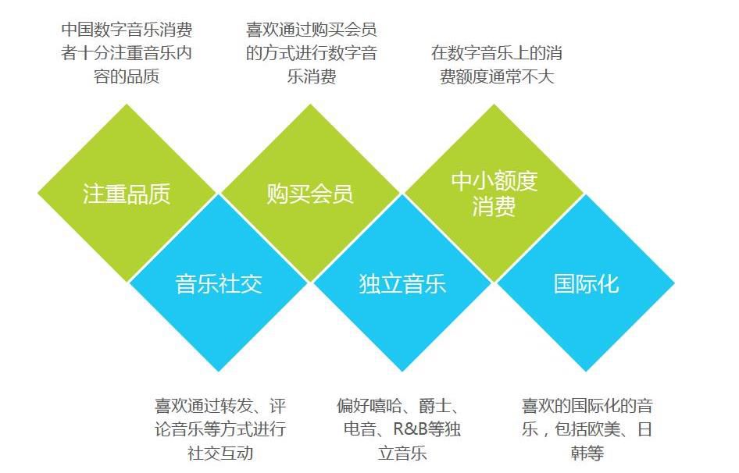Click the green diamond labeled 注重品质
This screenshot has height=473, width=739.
tap(127, 194)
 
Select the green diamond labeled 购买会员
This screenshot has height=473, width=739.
tap(310, 194)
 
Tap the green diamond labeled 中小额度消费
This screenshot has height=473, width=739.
tap(494, 194)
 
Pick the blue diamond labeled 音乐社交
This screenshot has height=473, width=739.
tap(219, 283)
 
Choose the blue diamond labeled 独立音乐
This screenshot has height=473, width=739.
tap(402, 283)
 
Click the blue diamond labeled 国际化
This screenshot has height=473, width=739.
tap(586, 283)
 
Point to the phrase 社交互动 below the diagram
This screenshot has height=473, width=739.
tap(220, 453)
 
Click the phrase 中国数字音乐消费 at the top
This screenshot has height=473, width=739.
tap(127, 30)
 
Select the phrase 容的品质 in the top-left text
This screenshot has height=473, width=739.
tap(127, 77)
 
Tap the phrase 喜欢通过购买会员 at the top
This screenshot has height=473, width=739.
tap(311, 30)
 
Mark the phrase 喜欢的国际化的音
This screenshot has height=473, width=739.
tap(587, 406)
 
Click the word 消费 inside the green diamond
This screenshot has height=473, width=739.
tap(494, 208)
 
